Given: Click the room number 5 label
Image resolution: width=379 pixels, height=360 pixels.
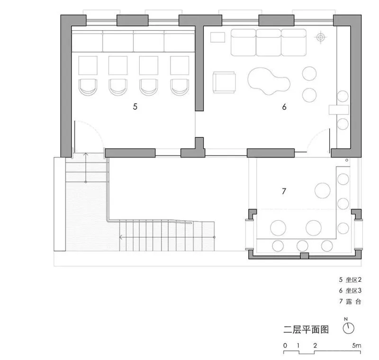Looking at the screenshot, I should coord(135,107).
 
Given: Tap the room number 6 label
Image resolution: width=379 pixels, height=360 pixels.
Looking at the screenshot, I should coord(284,107).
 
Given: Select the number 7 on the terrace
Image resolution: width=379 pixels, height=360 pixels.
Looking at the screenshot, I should coord(284,191).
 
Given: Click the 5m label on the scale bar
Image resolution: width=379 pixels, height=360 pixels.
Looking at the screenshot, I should coord(357,345).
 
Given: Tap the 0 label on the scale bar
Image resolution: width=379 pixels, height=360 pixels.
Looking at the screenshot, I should coord(285,345).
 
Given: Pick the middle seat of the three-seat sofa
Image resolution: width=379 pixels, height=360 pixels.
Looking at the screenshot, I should coord(269,42).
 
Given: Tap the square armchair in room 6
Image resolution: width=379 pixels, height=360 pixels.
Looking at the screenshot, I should coord(224,82).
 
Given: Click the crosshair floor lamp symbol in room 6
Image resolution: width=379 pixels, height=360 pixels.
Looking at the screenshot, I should coord(322,36).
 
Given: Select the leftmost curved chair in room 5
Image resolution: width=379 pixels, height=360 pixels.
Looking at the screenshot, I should coord(88,86).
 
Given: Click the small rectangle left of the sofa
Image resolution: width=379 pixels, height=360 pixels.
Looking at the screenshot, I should coord(217,36).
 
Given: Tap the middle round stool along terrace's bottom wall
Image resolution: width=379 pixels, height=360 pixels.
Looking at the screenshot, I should coord(302,245).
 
